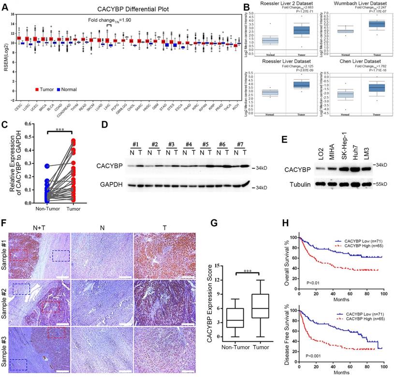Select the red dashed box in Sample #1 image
tap(18, 252)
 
